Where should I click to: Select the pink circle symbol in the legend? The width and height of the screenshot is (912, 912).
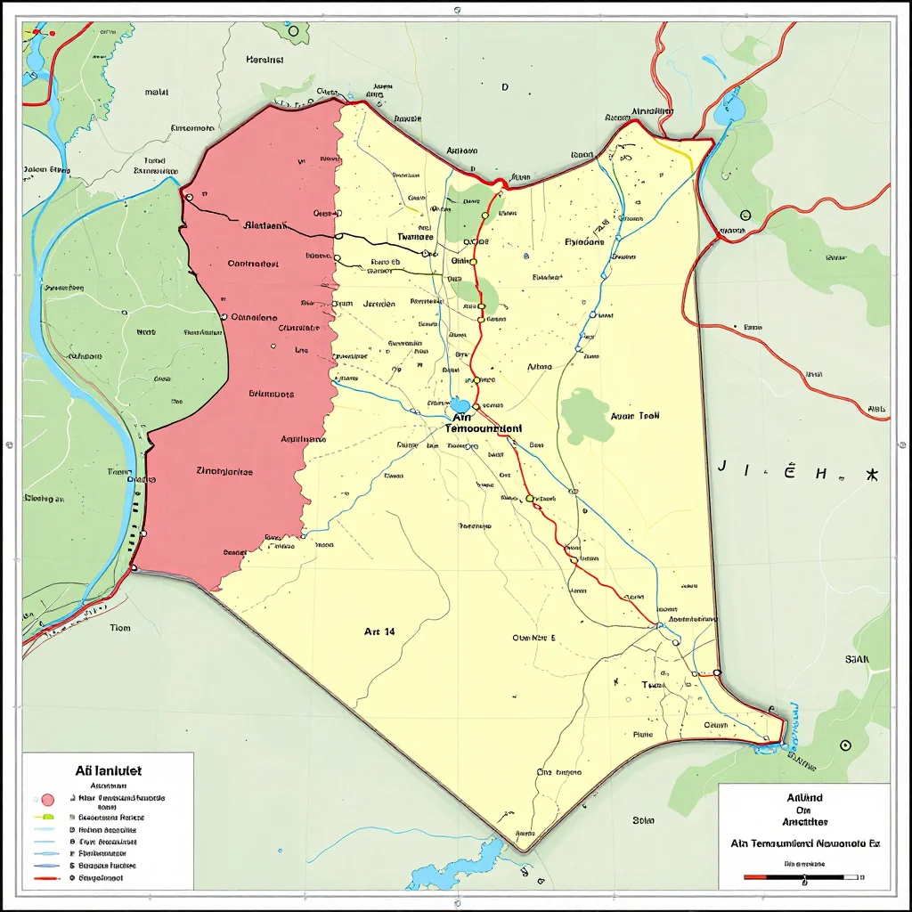click(48, 800)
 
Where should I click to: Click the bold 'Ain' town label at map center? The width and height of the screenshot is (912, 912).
click(460, 416)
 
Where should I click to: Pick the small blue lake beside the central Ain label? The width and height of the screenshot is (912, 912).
click(460, 405)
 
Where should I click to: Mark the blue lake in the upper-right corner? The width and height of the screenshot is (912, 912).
click(729, 110)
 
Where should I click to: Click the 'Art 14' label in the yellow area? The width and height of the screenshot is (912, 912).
click(379, 631)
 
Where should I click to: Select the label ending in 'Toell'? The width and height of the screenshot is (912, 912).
click(636, 415)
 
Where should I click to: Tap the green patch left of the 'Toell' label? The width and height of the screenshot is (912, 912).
click(587, 414)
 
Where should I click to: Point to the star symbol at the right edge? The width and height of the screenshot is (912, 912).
click(872, 473)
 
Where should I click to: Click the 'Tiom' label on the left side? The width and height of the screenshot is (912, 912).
click(120, 628)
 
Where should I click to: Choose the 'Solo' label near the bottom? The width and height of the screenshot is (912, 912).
click(643, 819)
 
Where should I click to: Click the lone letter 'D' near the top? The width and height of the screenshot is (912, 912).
click(504, 87)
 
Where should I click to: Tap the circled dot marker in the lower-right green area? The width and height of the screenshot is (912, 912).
click(845, 745)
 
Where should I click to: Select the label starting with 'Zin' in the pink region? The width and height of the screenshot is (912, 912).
click(224, 472)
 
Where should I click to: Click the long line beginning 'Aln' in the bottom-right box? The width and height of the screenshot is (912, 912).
click(804, 842)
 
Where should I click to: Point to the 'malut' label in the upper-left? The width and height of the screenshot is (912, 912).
click(157, 91)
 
